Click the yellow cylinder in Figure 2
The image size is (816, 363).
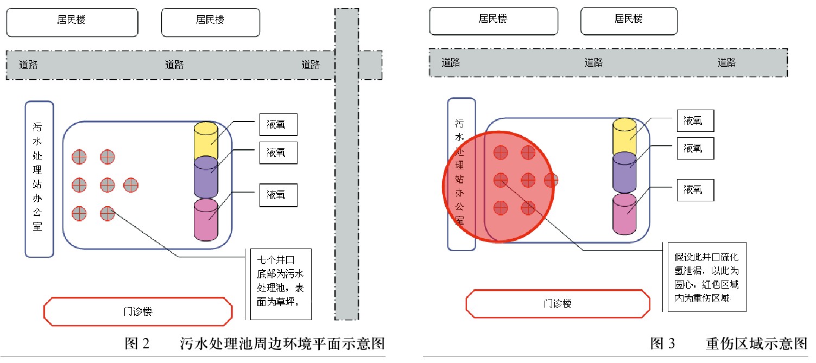205,141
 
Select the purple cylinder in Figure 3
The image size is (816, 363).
624,173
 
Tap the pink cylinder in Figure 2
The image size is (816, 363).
205,219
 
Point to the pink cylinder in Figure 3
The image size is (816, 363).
624,214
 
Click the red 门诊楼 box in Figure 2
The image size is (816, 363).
138,311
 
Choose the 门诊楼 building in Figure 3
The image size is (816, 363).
558,303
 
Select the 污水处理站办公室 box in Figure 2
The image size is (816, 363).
39,179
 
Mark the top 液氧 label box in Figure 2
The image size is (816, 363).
279,125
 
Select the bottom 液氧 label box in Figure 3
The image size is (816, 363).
695,190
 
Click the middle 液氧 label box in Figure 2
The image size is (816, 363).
279,152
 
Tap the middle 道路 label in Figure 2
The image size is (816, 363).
174,65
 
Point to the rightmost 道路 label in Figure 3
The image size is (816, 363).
726,62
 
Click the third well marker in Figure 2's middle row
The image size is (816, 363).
131,185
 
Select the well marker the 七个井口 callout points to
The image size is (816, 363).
107,213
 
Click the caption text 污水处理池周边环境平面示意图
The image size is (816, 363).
282,344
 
